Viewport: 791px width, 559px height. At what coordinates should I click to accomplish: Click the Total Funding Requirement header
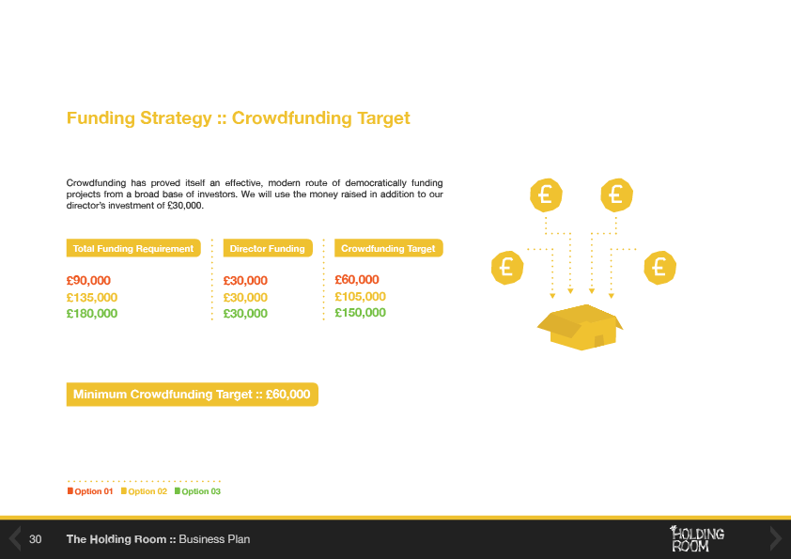133,248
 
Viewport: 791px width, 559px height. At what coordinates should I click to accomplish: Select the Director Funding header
268,248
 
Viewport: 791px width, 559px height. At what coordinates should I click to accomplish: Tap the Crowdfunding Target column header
388,248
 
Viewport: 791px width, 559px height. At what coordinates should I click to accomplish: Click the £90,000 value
88,281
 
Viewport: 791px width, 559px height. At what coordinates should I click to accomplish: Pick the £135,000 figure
92,298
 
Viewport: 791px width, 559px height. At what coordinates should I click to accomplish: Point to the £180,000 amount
92,313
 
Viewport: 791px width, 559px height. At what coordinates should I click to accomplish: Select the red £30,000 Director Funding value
245,281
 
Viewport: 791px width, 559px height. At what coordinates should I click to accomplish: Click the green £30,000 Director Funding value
245,313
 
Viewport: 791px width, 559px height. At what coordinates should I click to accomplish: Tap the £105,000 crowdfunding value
360,297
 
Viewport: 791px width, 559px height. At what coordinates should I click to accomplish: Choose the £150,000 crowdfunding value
360,312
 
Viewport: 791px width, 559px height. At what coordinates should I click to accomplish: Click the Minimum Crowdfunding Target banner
193,394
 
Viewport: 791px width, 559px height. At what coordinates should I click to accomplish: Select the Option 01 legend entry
90,491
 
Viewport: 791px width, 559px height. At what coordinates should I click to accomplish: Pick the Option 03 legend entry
197,491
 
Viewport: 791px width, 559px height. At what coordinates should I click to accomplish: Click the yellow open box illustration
581,327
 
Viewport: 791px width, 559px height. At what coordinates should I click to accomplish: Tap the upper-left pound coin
546,194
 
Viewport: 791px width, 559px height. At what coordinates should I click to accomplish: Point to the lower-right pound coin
659,268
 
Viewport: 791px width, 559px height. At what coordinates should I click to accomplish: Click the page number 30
36,539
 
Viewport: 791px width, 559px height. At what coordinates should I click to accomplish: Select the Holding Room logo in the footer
697,538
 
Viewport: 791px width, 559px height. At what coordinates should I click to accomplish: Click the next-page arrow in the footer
775,538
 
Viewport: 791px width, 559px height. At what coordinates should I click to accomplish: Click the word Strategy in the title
176,118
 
